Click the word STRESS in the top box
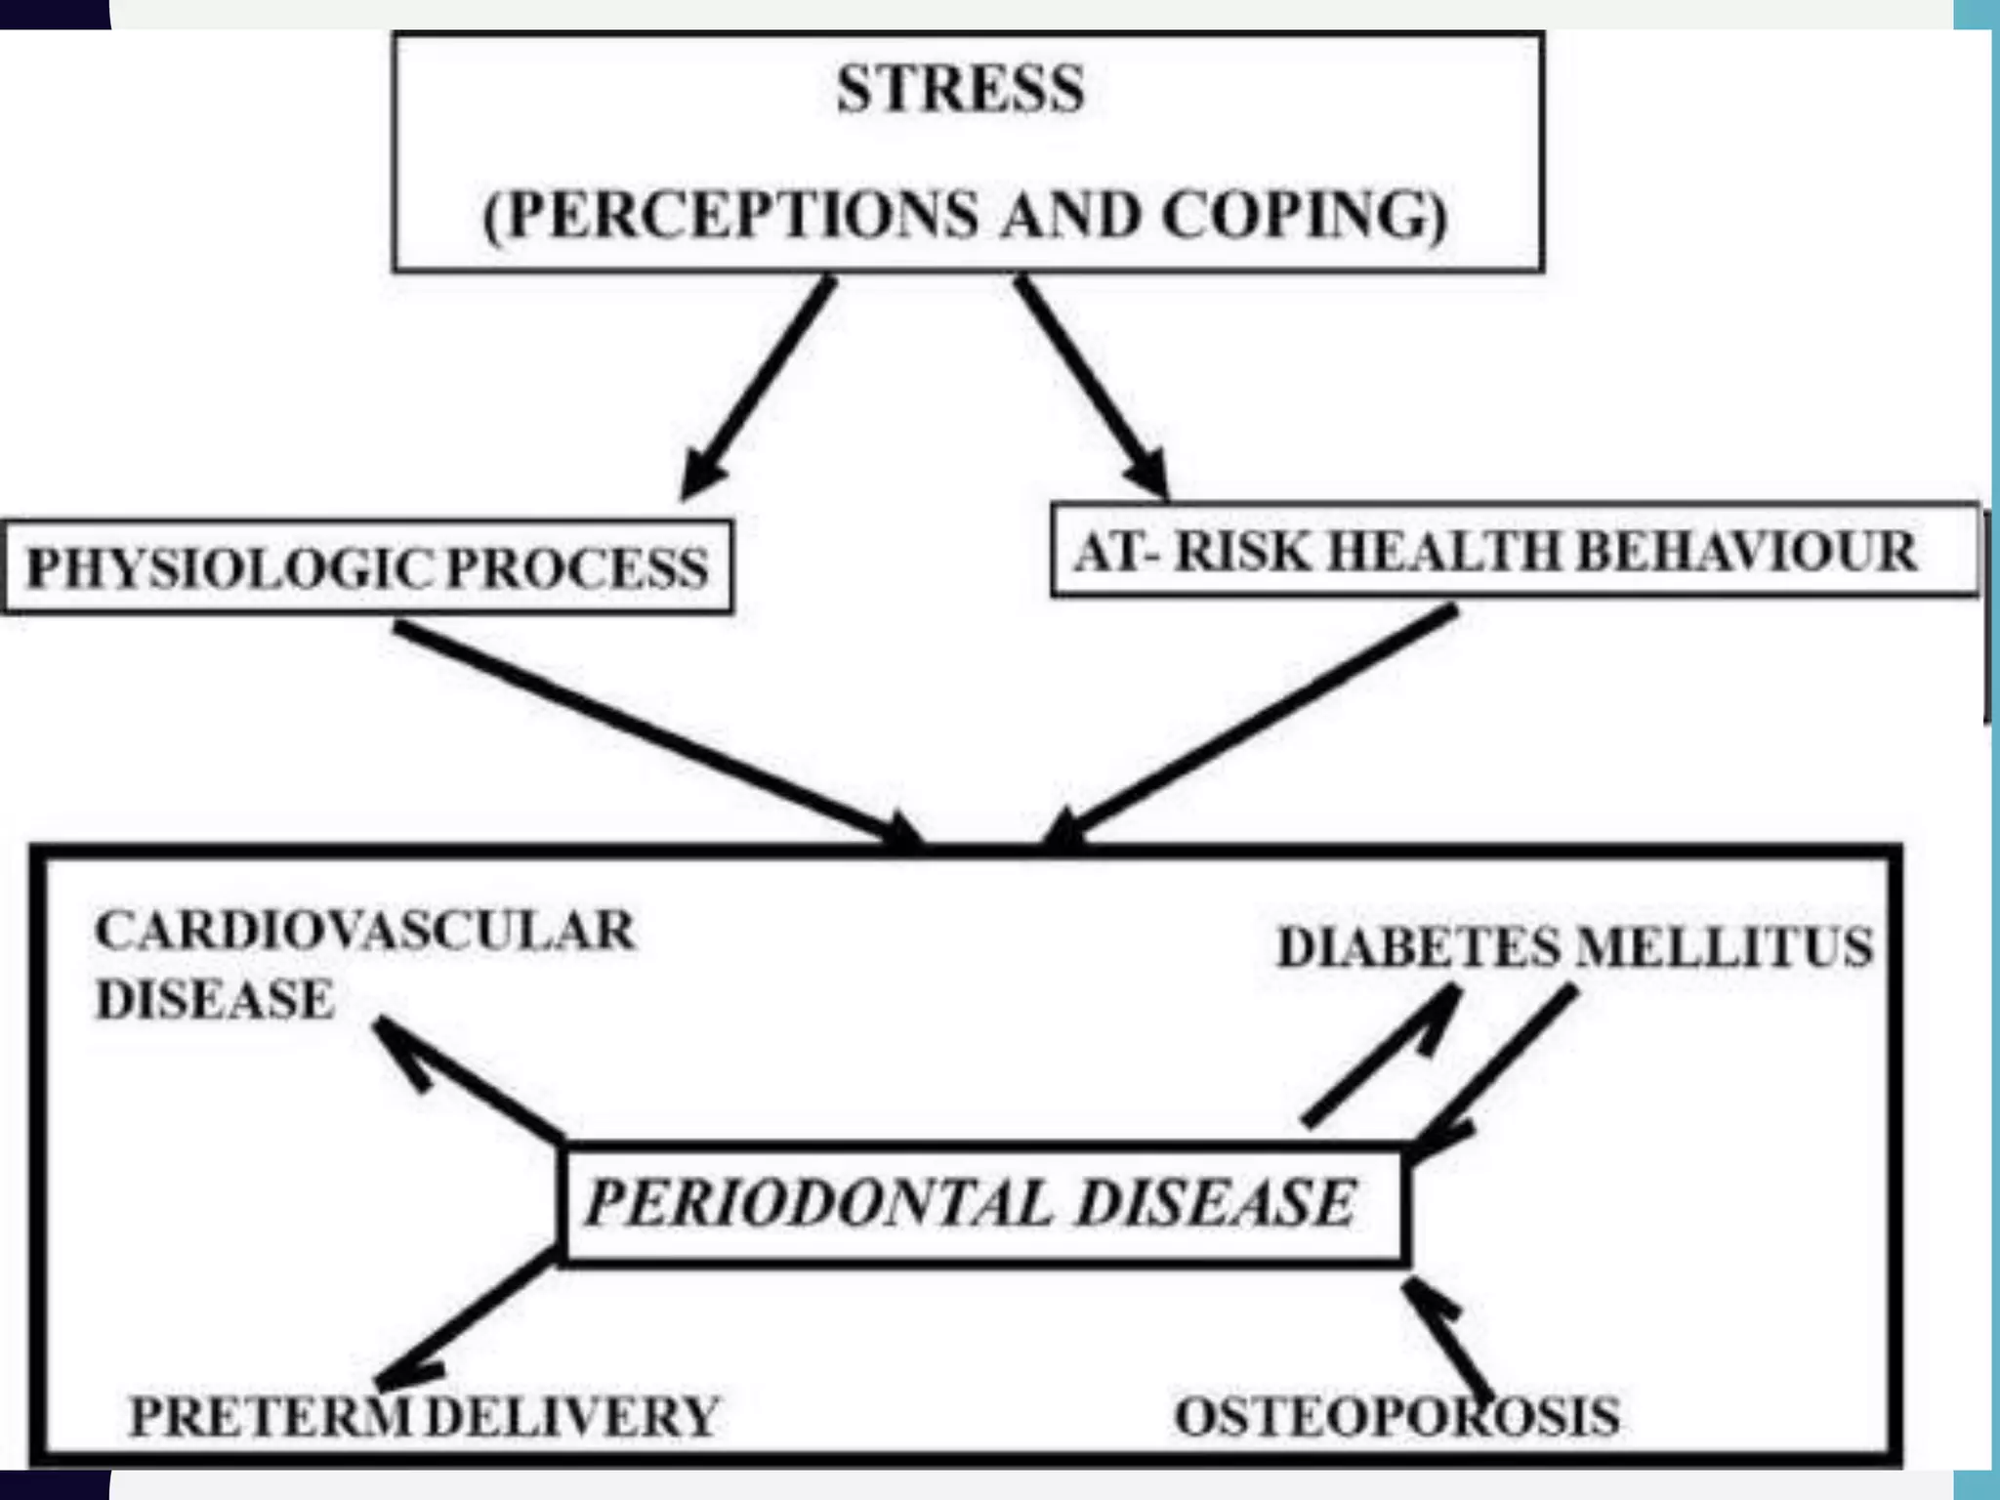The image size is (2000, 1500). (960, 89)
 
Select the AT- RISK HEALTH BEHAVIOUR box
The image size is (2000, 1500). (1515, 551)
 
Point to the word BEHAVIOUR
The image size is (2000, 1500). (1747, 552)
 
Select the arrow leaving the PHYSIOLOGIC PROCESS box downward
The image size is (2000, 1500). (654, 732)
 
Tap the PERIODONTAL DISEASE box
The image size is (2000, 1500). (981, 1203)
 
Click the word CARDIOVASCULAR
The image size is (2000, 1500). (365, 930)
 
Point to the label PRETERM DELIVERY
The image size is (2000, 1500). (424, 1417)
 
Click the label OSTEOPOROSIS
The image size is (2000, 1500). (1396, 1417)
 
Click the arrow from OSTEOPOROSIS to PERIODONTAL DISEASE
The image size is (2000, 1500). (1447, 1338)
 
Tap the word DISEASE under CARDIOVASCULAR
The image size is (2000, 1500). (215, 1000)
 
